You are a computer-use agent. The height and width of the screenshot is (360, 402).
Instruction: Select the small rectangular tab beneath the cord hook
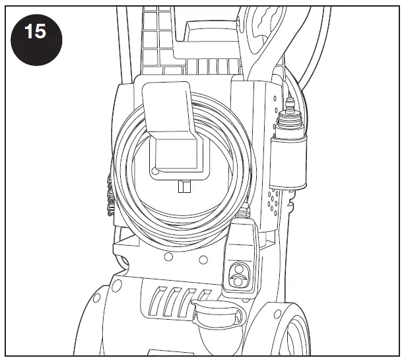point(184,187)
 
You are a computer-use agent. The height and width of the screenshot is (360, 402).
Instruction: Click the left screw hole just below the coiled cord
point(168,256)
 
